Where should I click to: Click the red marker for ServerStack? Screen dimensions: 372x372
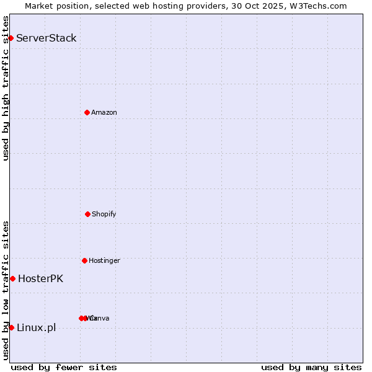click(x=11, y=38)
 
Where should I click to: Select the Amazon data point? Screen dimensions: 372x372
click(x=87, y=112)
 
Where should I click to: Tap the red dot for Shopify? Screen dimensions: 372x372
click(x=87, y=214)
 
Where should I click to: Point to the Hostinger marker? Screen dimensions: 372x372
click(x=84, y=260)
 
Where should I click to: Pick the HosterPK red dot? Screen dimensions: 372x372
click(x=12, y=278)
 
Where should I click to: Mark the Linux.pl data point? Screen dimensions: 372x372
click(x=11, y=327)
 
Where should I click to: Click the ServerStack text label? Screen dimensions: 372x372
click(x=46, y=38)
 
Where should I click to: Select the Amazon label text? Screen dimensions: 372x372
click(x=104, y=112)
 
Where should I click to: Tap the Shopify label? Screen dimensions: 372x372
click(x=104, y=214)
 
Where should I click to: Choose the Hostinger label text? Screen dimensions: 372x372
click(x=104, y=260)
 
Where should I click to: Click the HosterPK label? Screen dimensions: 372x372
click(x=40, y=278)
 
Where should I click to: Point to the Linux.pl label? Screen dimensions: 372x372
click(x=36, y=327)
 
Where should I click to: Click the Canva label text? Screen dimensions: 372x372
click(x=99, y=318)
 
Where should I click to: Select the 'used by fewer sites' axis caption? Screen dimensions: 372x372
click(x=64, y=367)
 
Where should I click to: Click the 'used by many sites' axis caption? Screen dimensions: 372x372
click(x=311, y=367)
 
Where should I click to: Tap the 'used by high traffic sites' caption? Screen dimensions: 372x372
click(x=6, y=88)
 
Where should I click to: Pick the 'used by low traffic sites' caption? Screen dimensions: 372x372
click(x=6, y=290)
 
